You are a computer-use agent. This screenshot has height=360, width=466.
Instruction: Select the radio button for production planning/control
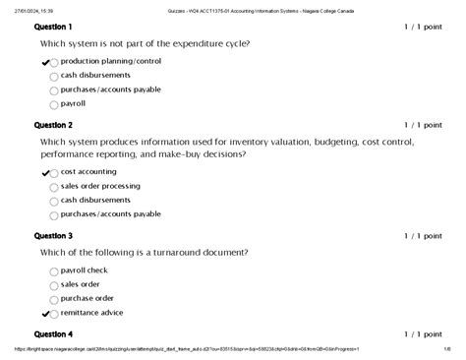pyautogui.click(x=53, y=62)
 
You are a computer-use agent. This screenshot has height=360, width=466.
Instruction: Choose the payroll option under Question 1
pyautogui.click(x=73, y=102)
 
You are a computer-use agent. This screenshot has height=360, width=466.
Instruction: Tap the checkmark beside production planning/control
pyautogui.click(x=45, y=62)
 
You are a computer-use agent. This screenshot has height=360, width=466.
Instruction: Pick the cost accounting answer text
pyautogui.click(x=88, y=171)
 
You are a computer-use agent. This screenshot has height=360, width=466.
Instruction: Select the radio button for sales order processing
pyautogui.click(x=53, y=186)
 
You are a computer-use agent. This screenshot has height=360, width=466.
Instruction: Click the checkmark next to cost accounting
pyautogui.click(x=45, y=172)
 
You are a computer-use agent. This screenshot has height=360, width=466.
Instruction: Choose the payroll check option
pyautogui.click(x=85, y=270)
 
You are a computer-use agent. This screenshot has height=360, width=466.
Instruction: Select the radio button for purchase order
pyautogui.click(x=53, y=299)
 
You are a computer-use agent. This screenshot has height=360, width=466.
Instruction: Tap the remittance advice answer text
pyautogui.click(x=92, y=312)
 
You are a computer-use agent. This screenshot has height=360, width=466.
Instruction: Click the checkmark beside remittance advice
pyautogui.click(x=45, y=313)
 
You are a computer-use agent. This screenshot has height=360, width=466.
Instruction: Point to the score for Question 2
pyautogui.click(x=424, y=125)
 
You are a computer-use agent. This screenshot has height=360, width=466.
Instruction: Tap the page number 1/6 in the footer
pyautogui.click(x=445, y=348)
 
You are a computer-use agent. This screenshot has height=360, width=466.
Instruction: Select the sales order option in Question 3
pyautogui.click(x=81, y=283)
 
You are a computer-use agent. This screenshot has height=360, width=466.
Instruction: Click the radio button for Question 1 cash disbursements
pyautogui.click(x=53, y=76)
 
